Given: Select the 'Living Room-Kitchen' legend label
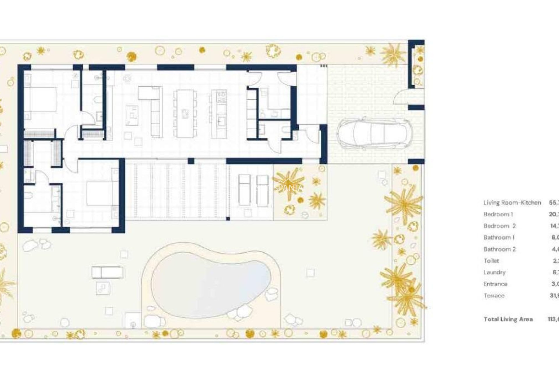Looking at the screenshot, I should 512,203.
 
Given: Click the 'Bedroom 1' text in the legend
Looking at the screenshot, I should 498,214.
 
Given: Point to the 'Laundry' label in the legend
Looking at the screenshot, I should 494,272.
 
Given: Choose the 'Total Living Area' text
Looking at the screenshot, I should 508,319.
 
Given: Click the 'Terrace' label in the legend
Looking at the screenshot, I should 494,295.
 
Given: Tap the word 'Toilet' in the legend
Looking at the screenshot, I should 491,261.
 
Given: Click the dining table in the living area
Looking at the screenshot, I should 185,114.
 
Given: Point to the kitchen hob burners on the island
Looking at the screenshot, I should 222,96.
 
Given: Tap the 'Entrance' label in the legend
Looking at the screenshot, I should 495,284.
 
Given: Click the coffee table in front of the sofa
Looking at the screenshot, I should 132,115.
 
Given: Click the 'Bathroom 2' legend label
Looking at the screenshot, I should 500,249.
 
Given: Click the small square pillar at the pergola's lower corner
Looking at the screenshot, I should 228,219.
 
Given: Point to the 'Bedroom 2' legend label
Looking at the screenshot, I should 500,226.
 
